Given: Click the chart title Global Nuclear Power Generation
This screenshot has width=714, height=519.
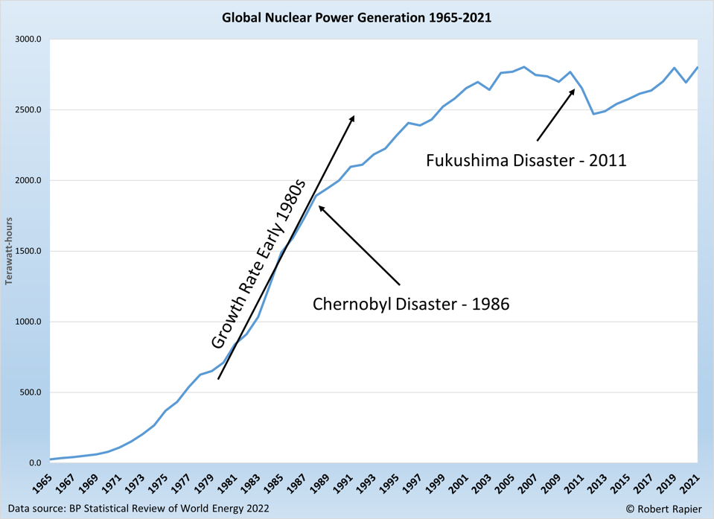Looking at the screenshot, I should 357,17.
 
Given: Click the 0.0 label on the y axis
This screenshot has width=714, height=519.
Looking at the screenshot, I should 34,463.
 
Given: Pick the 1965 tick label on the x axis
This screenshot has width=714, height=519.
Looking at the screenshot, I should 43,483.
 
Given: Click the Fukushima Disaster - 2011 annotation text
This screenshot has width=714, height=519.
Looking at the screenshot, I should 526,160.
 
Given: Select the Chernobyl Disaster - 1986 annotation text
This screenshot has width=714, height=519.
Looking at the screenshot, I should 411,304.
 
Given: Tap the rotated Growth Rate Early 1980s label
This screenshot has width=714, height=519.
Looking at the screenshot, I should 259,264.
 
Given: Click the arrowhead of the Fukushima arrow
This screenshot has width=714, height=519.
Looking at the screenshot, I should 573,91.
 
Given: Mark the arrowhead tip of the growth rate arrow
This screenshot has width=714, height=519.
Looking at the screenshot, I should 354,117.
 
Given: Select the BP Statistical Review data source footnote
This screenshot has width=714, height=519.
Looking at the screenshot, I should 139,509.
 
